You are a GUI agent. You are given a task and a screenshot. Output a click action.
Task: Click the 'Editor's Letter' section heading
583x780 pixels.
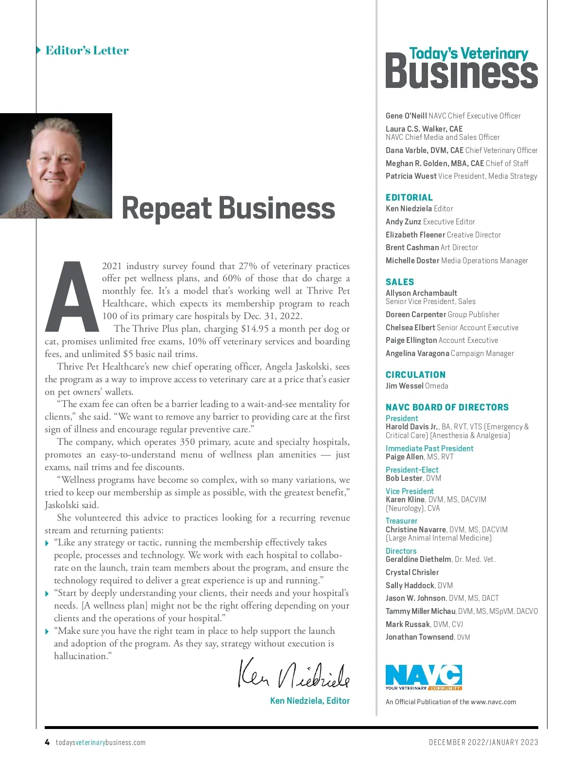point(87,51)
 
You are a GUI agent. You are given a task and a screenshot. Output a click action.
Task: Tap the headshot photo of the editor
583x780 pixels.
point(56,166)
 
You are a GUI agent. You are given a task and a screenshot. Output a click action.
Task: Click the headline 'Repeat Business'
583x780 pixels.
point(228,208)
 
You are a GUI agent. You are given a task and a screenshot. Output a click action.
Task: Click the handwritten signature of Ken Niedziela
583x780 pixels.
point(293,674)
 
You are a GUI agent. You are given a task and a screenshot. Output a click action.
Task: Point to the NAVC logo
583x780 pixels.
point(423,677)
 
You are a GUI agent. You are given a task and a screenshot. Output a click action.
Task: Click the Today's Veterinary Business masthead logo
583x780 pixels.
point(462,68)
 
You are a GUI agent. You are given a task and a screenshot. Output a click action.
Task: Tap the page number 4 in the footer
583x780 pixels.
point(47,742)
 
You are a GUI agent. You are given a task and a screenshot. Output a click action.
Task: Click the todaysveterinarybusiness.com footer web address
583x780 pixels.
point(101,743)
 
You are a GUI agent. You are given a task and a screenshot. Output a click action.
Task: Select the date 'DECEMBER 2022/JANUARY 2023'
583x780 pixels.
point(483,742)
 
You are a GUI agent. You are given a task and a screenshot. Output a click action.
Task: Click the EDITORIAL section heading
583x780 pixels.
point(409,197)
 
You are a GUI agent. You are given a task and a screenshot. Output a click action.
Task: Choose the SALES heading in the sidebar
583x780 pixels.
point(400,282)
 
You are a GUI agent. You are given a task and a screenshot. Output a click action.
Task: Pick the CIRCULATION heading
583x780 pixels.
point(415,374)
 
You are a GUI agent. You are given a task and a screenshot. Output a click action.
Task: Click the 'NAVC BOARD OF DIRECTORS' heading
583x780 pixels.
point(447,407)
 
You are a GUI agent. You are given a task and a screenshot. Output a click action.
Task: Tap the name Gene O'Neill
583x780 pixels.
point(406,116)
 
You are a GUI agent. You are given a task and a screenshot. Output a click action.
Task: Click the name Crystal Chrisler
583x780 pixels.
point(412,572)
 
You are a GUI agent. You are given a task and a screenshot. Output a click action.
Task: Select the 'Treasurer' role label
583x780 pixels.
point(401,521)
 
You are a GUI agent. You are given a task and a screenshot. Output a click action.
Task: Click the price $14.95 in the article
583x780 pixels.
point(255,329)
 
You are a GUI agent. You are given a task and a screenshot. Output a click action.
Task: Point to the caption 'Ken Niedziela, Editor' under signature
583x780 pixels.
point(310,700)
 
